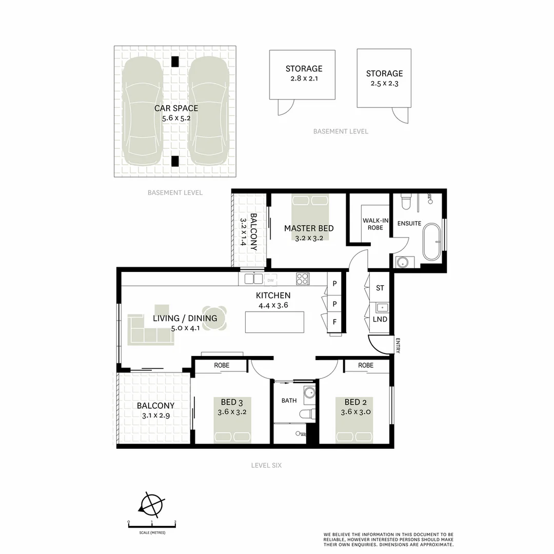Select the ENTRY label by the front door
[x=397, y=345]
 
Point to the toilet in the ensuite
[x=406, y=202]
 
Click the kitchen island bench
[x=274, y=322]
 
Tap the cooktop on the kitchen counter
[x=302, y=279]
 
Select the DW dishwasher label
[x=270, y=280]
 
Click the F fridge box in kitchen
[x=334, y=322]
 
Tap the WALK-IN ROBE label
[x=375, y=224]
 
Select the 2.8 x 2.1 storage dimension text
[x=304, y=79]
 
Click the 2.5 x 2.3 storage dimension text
[x=384, y=84]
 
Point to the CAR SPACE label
[x=176, y=108]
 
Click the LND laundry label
[x=380, y=319]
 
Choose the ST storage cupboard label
[x=380, y=288]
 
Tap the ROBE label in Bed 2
[x=366, y=365]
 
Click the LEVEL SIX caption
[x=266, y=465]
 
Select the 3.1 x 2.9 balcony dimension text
[x=155, y=415]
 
